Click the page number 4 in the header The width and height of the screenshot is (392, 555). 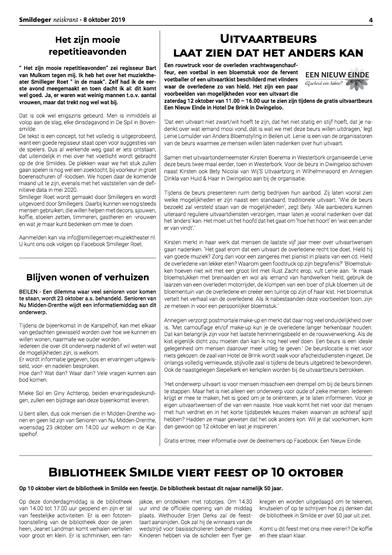[x=370, y=20]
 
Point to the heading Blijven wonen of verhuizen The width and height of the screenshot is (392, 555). [x=87, y=277]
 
